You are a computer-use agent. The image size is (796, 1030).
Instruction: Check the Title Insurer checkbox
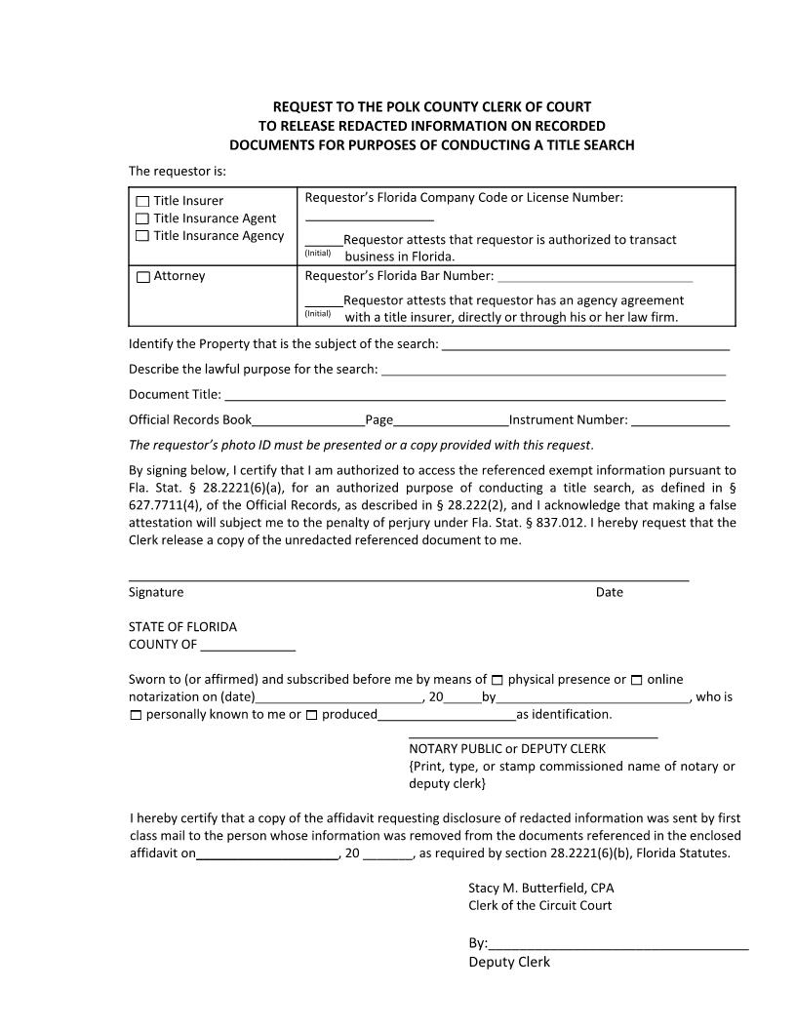pos(142,202)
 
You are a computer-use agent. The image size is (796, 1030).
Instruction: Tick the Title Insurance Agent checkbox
pos(142,218)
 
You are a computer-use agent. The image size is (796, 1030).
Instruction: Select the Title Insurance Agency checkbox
pos(142,236)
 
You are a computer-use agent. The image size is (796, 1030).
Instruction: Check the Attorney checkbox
pos(142,277)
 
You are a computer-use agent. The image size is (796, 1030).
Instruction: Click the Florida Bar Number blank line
pos(595,279)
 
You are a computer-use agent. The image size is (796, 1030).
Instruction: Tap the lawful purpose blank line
pos(553,372)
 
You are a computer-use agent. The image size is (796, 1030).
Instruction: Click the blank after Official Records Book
pos(308,423)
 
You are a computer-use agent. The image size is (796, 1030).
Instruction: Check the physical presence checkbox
pos(497,680)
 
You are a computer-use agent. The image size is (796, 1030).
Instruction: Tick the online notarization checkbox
pos(637,680)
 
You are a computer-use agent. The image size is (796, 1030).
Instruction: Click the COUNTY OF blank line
pos(248,648)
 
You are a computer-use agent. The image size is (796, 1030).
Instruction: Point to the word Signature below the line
pos(156,592)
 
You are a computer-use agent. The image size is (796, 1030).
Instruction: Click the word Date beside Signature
pos(609,592)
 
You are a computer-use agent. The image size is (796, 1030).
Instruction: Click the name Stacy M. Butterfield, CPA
pos(540,888)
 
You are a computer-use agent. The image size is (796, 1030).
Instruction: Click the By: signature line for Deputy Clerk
pos(617,945)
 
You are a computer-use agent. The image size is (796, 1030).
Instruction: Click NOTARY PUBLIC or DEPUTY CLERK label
pos(507,749)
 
